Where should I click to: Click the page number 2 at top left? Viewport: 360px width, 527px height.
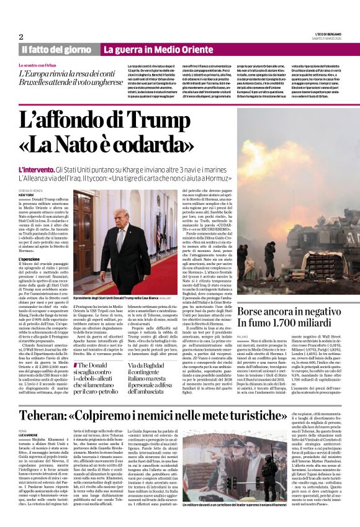click(x=21, y=37)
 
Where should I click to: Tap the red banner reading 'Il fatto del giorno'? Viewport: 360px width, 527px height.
click(x=56, y=50)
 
